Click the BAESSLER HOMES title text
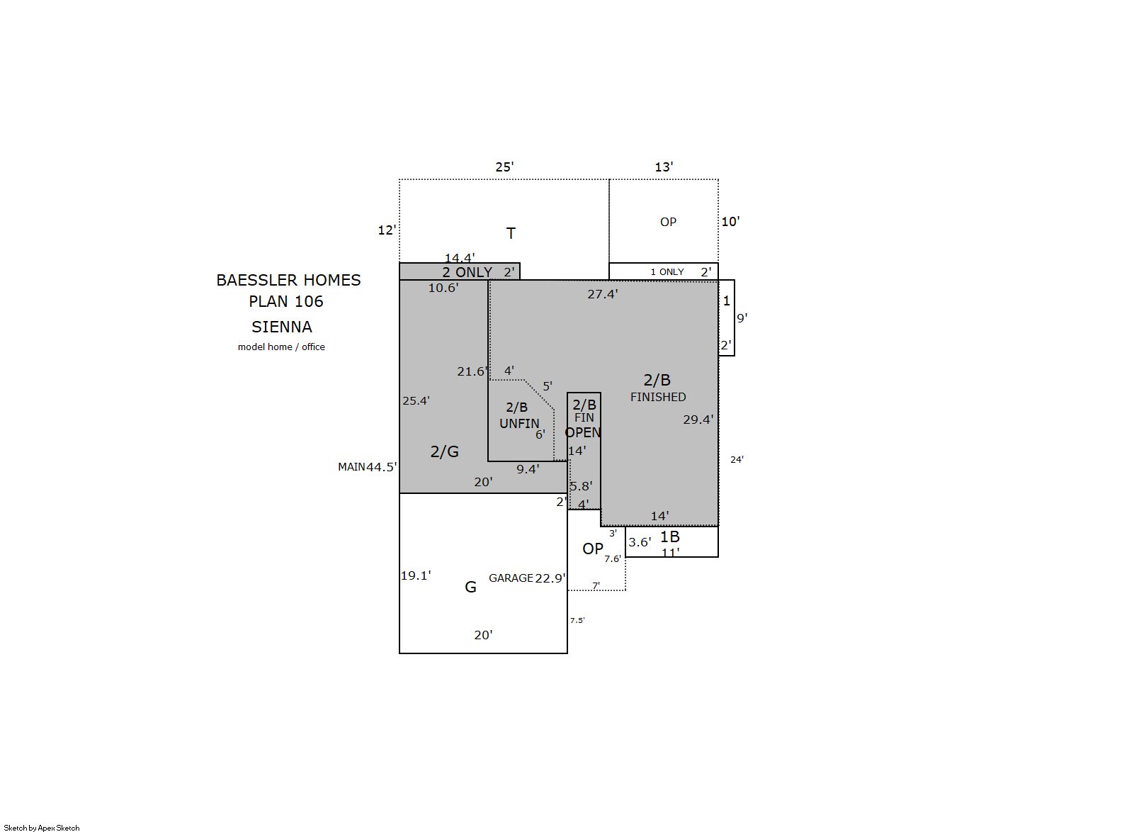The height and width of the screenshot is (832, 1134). [x=288, y=280]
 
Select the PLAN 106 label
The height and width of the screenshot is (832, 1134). [x=286, y=301]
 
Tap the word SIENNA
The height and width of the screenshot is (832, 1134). [x=282, y=327]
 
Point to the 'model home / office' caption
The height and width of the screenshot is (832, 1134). [x=281, y=347]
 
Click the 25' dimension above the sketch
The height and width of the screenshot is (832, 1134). [x=505, y=167]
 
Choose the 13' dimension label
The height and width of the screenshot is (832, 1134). [x=664, y=167]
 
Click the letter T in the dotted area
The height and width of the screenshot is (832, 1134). [x=511, y=233]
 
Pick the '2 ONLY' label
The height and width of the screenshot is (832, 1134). [x=467, y=272]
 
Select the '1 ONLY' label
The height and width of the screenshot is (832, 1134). [x=667, y=272]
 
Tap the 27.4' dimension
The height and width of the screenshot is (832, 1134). [x=603, y=294]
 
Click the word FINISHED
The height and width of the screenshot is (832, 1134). [x=658, y=397]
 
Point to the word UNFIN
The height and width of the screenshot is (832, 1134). [x=519, y=423]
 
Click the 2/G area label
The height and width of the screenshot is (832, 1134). [x=445, y=451]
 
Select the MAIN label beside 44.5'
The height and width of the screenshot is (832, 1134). [x=352, y=467]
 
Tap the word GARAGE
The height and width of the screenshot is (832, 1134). [x=511, y=578]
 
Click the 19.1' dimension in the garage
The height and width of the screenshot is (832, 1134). [x=416, y=575]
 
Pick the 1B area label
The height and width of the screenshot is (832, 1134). [x=670, y=536]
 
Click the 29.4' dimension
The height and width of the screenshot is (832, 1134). [x=698, y=420]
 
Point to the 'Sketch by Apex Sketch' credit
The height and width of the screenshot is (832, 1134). [x=42, y=828]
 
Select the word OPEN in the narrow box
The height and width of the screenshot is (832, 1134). [x=583, y=432]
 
